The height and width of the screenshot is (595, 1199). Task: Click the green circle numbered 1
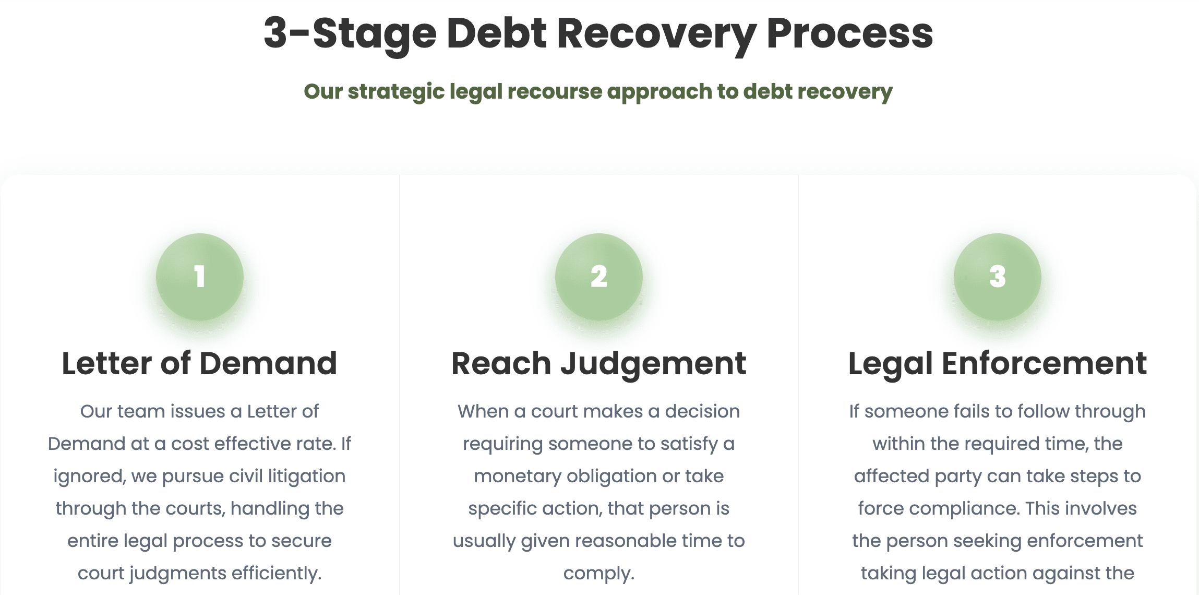pyautogui.click(x=200, y=277)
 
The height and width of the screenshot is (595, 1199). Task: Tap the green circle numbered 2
pyautogui.click(x=599, y=277)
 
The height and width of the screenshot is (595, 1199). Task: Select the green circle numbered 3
pyautogui.click(x=998, y=277)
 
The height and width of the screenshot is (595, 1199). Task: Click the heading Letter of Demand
pyautogui.click(x=199, y=363)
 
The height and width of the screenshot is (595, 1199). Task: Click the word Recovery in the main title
pyautogui.click(x=657, y=34)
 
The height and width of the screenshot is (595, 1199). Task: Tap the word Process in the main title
pyautogui.click(x=850, y=33)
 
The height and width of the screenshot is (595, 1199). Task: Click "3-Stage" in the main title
pyautogui.click(x=350, y=34)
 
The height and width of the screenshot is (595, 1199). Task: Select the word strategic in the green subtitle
pyautogui.click(x=396, y=92)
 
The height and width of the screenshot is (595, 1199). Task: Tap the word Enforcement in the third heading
pyautogui.click(x=1044, y=363)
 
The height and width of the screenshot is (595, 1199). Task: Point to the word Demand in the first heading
pyautogui.click(x=268, y=363)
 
